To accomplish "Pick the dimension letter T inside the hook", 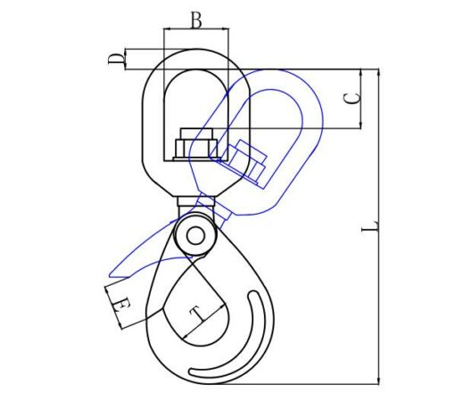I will click(195, 312).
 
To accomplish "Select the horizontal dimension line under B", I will click(195, 29).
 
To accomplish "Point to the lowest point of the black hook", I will click(205, 384).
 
